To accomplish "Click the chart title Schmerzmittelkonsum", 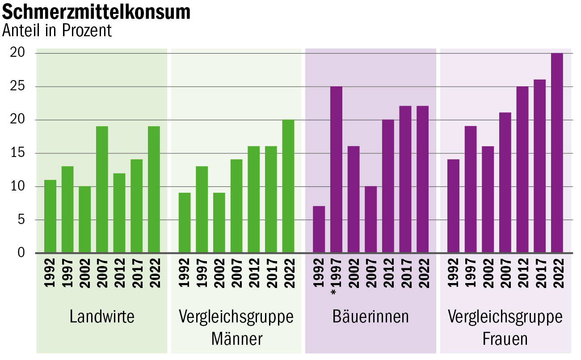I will (97, 12).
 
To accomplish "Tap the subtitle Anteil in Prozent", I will (57, 30).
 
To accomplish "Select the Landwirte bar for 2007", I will (102, 190).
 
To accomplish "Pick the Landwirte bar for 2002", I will (84, 220).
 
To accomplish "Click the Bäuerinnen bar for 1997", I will (336, 169).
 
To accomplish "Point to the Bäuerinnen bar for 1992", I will (319, 229).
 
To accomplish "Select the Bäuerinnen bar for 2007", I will (370, 220).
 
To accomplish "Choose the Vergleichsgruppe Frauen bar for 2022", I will (557, 153).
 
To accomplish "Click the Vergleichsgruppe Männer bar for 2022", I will (288, 186).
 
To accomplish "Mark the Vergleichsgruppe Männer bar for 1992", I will (185, 223).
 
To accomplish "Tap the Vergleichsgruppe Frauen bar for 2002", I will (488, 199).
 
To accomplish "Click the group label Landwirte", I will (102, 317).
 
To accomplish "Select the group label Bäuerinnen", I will (370, 317).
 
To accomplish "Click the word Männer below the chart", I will (236, 339).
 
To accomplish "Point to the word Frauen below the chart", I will (505, 339).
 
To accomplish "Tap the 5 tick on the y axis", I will (21, 220).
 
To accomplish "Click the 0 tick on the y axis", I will (21, 253).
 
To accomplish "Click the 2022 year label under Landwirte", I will (154, 273).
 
